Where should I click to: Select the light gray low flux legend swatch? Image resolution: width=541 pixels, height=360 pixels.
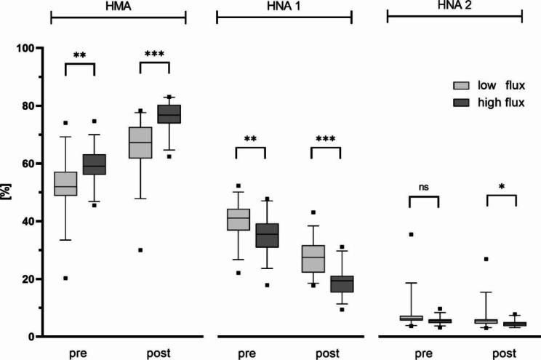(461, 86)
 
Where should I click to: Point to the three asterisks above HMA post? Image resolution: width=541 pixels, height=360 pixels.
(154, 55)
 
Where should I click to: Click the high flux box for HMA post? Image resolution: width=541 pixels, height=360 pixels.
(169, 114)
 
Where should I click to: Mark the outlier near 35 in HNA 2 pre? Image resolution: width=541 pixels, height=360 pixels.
(412, 234)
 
